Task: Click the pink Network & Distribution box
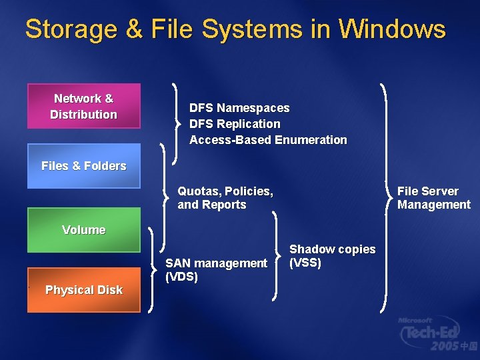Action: click(83, 106)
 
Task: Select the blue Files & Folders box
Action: click(83, 166)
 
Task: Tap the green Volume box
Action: click(83, 230)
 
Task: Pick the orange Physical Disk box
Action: click(83, 290)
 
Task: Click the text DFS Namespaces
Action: click(239, 108)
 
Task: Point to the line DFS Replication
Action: click(235, 124)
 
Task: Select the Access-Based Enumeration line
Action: click(268, 140)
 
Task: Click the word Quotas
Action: click(194, 191)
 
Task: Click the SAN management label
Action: click(216, 263)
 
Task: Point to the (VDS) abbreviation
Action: click(181, 277)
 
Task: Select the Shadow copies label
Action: click(332, 249)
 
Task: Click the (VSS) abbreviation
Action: click(305, 263)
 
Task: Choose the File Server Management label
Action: click(433, 198)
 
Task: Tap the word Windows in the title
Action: click(391, 29)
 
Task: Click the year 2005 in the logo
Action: click(445, 346)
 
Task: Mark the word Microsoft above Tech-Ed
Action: click(415, 321)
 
